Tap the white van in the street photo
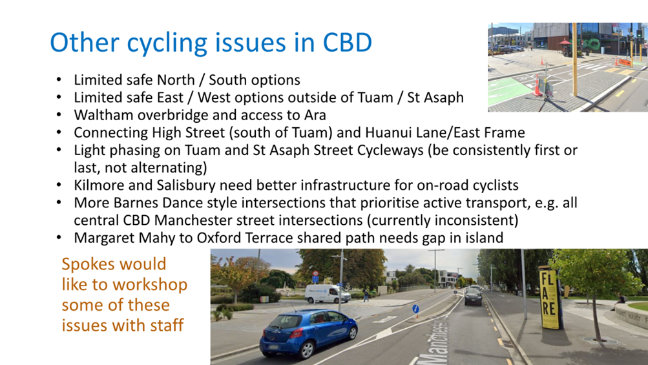[328, 293]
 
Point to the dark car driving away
[473, 296]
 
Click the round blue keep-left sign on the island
[416, 309]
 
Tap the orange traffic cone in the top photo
[538, 85]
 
